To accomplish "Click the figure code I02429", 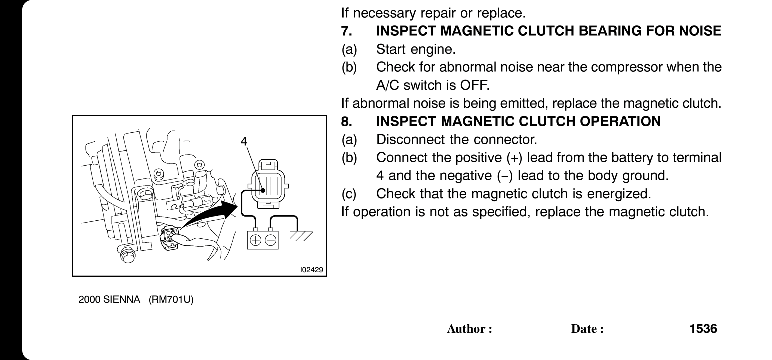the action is pos(311,270).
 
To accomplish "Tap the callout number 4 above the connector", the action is pos(244,141).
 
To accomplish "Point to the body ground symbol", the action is pos(300,235).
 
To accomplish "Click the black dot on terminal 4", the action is pos(263,190).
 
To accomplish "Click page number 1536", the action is pos(703,328).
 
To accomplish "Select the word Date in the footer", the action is pos(584,329).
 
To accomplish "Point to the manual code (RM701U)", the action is pos(171,299).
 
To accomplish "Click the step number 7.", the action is pos(346,31).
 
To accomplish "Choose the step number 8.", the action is pos(346,121).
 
